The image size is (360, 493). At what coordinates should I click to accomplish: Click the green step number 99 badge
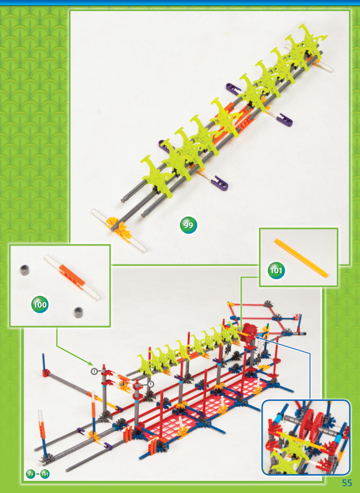click(188, 225)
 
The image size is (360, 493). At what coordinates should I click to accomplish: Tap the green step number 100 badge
click(40, 304)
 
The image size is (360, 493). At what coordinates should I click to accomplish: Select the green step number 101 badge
click(276, 270)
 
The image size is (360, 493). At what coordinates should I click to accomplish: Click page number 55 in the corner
click(347, 483)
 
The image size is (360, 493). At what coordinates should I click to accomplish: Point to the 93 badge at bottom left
click(31, 474)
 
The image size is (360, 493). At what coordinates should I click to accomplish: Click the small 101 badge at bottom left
click(45, 474)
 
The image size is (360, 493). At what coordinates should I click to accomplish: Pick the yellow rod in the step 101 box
click(301, 258)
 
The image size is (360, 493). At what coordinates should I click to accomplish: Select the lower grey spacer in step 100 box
click(78, 312)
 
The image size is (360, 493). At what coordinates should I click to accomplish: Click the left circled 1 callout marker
click(94, 371)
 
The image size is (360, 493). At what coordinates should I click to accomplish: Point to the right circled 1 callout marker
click(151, 384)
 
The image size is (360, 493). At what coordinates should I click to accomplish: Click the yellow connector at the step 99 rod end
click(119, 226)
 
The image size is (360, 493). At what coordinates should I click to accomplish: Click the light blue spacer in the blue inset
click(278, 419)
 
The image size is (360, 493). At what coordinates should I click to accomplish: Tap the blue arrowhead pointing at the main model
click(257, 337)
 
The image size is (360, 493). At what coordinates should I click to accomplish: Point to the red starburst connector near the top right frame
click(296, 317)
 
